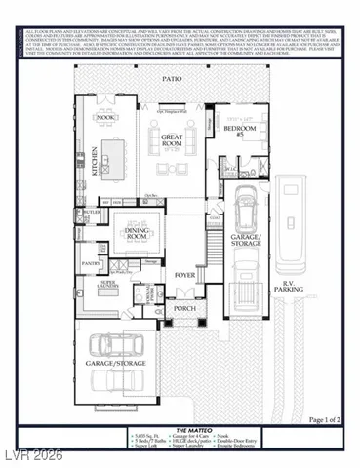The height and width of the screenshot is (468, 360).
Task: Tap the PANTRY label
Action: [92, 262]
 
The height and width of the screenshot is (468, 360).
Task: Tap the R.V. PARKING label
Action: [293, 287]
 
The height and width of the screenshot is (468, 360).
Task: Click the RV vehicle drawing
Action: [293, 219]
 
